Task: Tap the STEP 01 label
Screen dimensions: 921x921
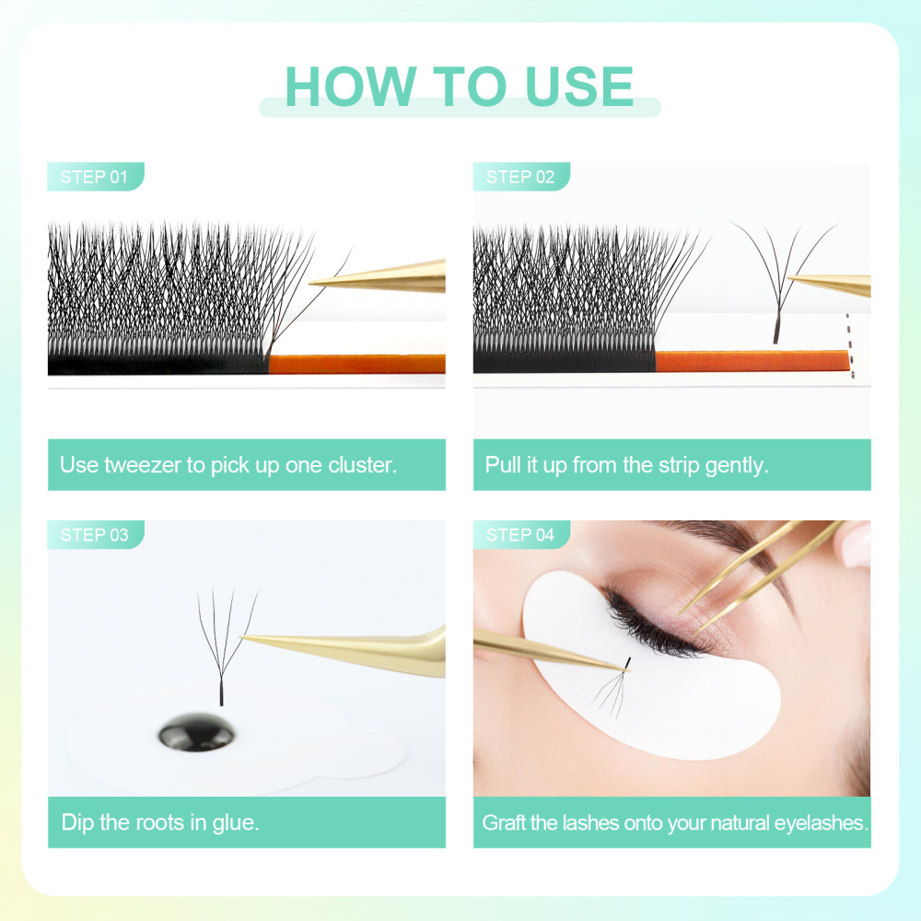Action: [x=94, y=177]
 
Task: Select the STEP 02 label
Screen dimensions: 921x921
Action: [x=520, y=177]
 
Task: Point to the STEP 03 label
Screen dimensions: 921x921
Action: [x=94, y=535]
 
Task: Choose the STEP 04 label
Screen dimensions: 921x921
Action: [x=520, y=535]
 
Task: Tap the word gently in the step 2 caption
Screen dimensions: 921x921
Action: [x=735, y=464]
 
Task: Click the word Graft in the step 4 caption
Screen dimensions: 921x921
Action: [x=507, y=822]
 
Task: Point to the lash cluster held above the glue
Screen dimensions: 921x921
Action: [x=223, y=645]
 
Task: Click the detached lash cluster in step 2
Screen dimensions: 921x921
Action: [x=778, y=276]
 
